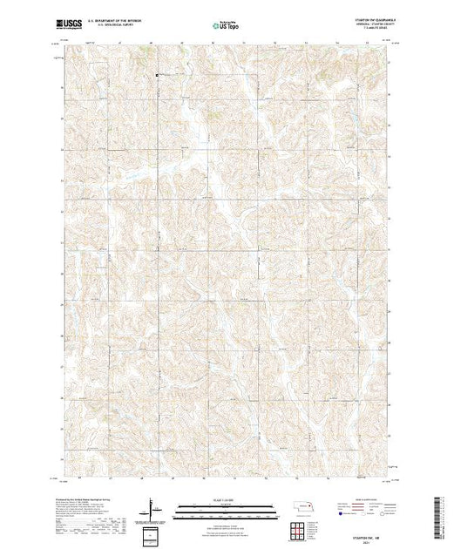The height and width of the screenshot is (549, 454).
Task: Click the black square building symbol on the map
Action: tap(157, 76)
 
